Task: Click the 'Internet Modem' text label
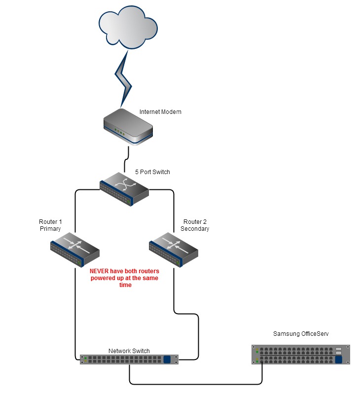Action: pyautogui.click(x=160, y=112)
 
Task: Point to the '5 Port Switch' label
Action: pyautogui.click(x=152, y=172)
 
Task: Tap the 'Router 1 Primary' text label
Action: pyautogui.click(x=50, y=225)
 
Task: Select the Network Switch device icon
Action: pyautogui.click(x=129, y=359)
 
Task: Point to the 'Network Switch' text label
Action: pyautogui.click(x=129, y=351)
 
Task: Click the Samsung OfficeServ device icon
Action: pyautogui.click(x=300, y=355)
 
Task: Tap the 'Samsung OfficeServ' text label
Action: pyautogui.click(x=301, y=334)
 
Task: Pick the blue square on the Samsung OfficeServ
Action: pyautogui.click(x=338, y=360)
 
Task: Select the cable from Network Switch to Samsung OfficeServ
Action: pyautogui.click(x=197, y=383)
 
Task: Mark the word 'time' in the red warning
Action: pyautogui.click(x=126, y=285)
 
